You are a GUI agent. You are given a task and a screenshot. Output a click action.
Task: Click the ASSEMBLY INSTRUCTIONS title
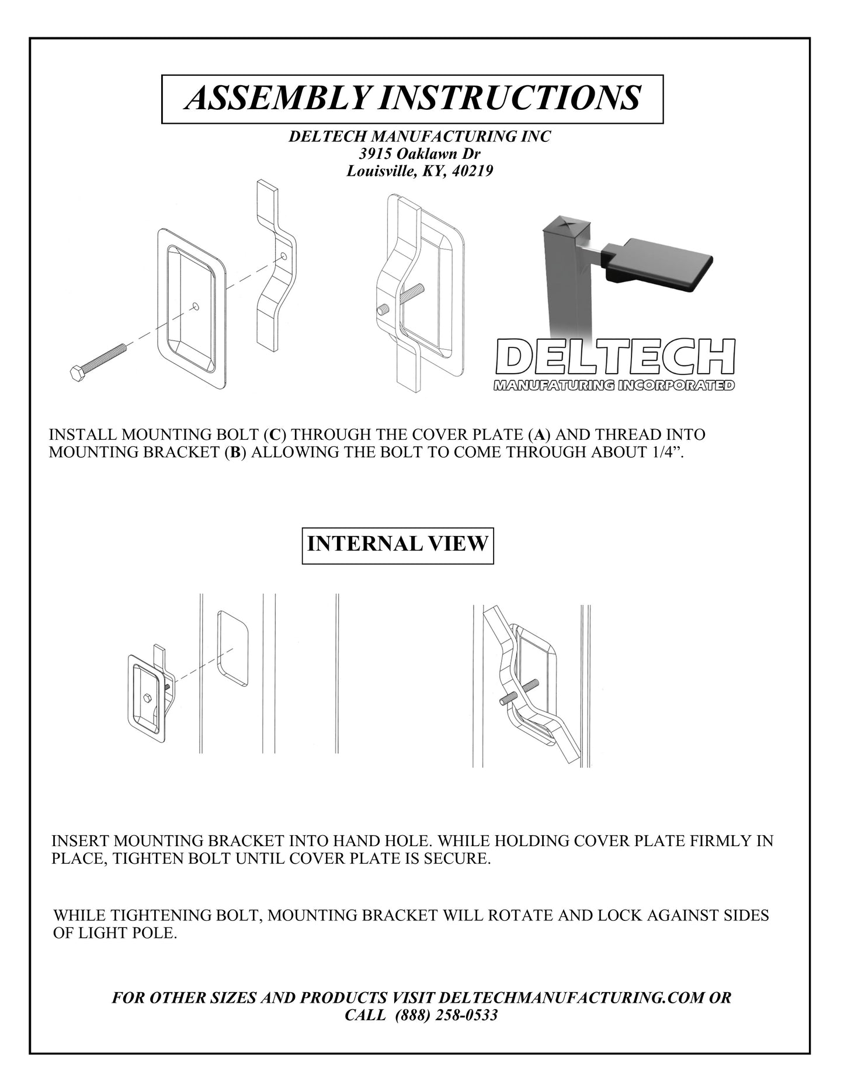click(412, 98)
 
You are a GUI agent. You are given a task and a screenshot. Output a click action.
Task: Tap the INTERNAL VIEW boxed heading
click(397, 544)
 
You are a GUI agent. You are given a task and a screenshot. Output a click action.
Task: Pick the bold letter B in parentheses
click(234, 453)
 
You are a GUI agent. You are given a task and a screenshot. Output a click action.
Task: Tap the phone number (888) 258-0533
click(447, 1015)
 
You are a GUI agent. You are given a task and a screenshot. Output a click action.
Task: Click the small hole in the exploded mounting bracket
click(284, 256)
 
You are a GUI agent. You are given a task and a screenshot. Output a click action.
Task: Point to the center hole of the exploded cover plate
click(196, 305)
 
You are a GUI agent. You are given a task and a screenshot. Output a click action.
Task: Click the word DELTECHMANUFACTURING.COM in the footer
click(571, 997)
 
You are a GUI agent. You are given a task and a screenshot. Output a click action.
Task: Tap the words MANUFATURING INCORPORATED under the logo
click(614, 385)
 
